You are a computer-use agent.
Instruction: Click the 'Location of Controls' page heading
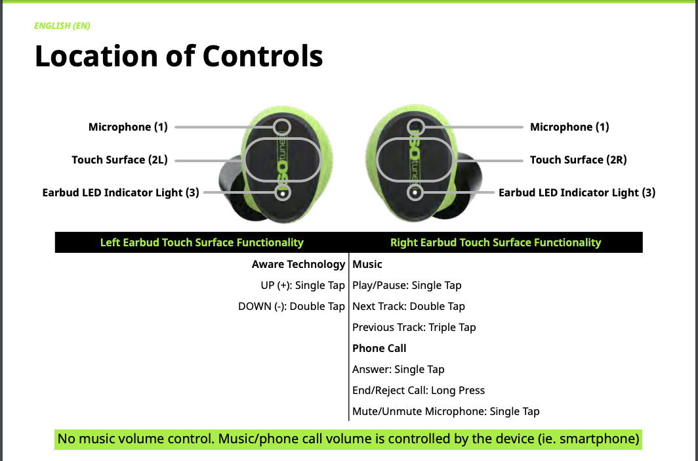click(x=178, y=56)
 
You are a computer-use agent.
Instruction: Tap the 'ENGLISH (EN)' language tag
click(x=62, y=26)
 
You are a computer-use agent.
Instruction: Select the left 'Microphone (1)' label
click(x=128, y=127)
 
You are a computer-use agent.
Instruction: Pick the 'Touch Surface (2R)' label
click(x=579, y=160)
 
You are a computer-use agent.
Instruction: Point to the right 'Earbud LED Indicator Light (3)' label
click(x=577, y=192)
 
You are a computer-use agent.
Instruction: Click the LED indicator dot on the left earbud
click(x=283, y=193)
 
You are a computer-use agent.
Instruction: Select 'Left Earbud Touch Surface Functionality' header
click(x=201, y=242)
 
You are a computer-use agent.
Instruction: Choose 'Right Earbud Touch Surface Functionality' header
click(x=495, y=242)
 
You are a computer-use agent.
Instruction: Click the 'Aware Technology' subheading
click(x=298, y=264)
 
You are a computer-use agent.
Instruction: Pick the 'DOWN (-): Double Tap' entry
click(x=291, y=306)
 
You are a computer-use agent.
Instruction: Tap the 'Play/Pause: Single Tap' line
click(x=407, y=285)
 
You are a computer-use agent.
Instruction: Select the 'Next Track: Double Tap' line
click(x=409, y=306)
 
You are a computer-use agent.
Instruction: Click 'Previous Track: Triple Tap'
click(x=414, y=327)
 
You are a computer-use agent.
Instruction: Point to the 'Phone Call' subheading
click(x=379, y=348)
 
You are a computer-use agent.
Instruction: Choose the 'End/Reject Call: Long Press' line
click(x=419, y=390)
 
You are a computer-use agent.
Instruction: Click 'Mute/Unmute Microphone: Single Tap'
click(x=445, y=411)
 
